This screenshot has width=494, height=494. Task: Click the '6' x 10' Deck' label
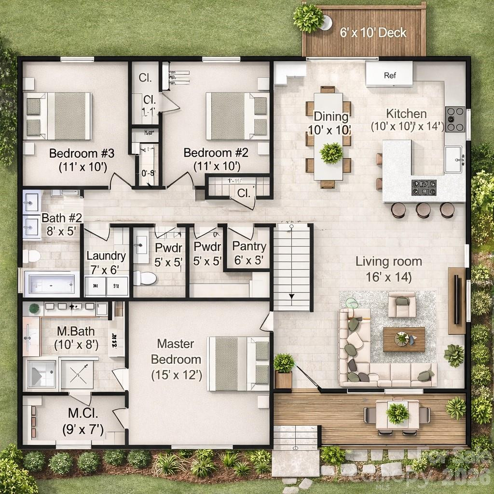[373, 33]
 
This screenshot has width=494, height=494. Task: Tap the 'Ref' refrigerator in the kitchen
[389, 75]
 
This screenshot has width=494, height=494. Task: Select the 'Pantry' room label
[249, 247]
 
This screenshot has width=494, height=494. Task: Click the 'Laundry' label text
[106, 256]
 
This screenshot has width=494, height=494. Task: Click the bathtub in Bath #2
[51, 283]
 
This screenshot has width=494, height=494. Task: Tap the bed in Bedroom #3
[58, 116]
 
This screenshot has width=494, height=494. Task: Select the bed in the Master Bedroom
[238, 363]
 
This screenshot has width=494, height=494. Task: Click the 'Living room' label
[389, 261]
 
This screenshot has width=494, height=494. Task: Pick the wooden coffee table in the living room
[404, 339]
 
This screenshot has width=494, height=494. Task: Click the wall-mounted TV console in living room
[456, 300]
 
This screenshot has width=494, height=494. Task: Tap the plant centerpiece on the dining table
[331, 152]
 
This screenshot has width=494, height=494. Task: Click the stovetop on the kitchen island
[424, 187]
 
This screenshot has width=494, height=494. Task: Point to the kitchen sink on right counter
[453, 160]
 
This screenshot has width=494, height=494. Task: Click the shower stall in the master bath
[77, 374]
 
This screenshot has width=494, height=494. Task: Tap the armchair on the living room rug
[402, 304]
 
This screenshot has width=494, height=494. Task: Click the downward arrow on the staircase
[292, 296]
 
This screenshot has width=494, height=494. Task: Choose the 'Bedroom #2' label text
[216, 153]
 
